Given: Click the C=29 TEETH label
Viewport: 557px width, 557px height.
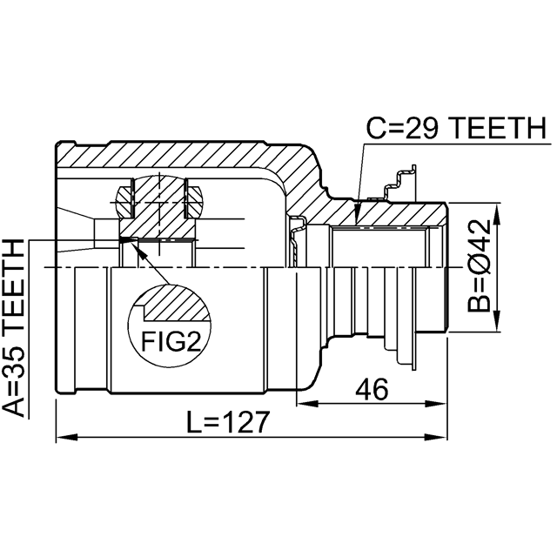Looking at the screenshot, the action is [x=456, y=128].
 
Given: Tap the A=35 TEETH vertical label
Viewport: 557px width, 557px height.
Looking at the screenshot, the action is [x=14, y=328].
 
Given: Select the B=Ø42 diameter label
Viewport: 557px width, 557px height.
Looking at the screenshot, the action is [x=479, y=266].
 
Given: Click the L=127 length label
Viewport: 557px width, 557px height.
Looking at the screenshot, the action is [x=228, y=422].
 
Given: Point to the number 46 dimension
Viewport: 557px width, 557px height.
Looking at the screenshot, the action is [x=372, y=390].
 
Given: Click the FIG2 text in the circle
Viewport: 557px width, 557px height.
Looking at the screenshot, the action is [x=171, y=342].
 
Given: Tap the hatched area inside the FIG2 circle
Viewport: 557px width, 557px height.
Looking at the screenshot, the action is [x=174, y=303].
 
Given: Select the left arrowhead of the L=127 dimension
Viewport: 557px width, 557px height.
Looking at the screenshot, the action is [x=67, y=437].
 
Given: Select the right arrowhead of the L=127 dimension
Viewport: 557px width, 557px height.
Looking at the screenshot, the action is [x=435, y=437].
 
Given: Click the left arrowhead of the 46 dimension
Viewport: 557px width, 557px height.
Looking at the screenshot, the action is [x=307, y=404].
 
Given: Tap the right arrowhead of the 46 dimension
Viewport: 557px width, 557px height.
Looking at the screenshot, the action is [x=435, y=404].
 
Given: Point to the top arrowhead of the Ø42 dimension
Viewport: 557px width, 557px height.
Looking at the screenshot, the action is [x=496, y=214].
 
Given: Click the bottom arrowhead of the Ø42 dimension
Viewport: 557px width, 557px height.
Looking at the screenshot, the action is [x=496, y=321].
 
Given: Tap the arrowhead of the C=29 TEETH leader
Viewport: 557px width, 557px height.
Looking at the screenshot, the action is [x=357, y=214].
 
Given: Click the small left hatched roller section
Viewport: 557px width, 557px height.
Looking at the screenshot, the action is [x=124, y=201].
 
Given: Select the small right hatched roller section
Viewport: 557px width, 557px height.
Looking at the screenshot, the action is [x=193, y=201].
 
